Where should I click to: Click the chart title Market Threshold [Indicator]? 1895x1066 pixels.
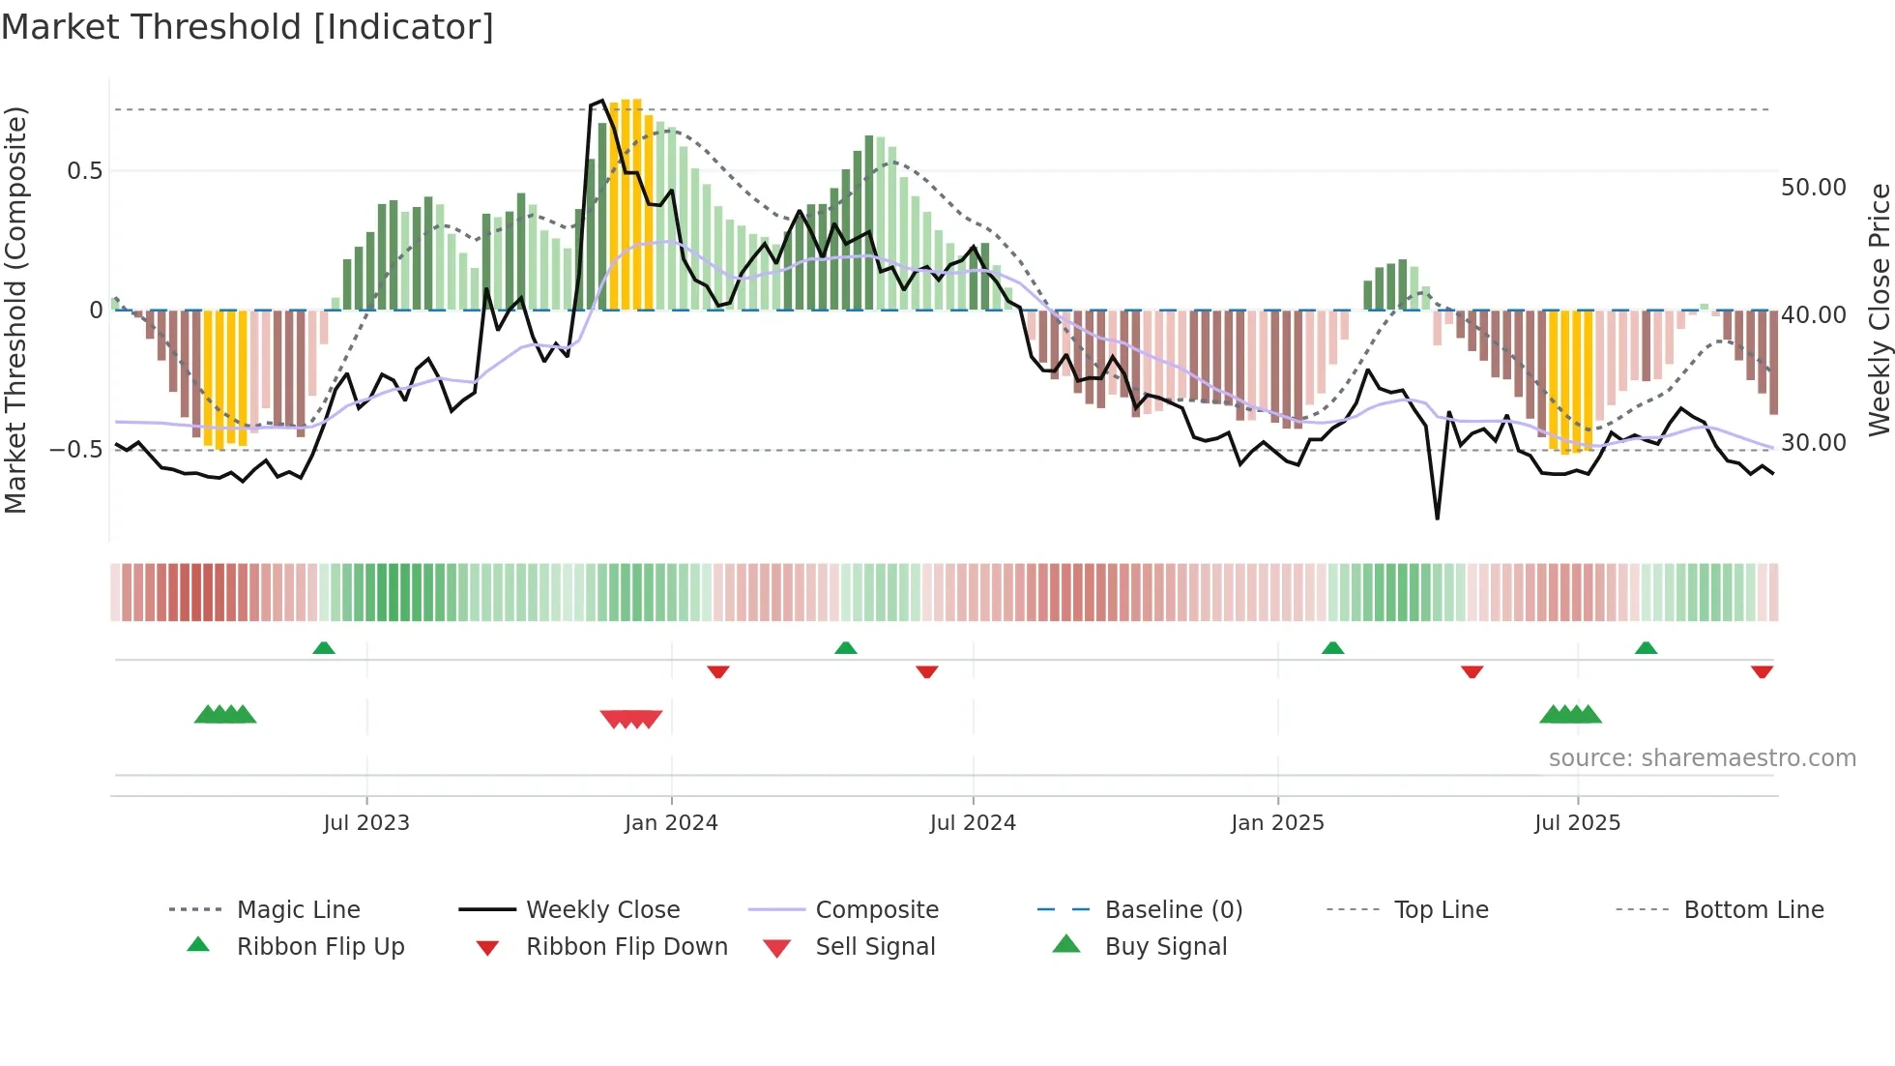248,27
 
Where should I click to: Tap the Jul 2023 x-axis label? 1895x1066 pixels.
366,823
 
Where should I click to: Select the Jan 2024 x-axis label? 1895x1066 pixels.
671,823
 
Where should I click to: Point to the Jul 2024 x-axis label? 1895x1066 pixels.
973,823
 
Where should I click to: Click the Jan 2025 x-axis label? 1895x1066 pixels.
1277,823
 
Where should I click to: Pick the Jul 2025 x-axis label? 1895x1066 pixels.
1577,823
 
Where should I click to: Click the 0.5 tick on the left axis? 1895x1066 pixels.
84,171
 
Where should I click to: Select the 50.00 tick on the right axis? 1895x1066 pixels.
1813,188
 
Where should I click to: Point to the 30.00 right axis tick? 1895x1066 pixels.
1813,443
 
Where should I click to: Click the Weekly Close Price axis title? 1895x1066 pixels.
1879,310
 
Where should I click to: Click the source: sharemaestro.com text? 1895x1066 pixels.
1702,758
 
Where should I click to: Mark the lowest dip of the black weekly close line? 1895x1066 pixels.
1437,518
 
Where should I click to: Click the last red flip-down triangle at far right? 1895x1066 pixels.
1762,671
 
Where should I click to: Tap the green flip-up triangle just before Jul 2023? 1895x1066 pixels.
324,648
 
